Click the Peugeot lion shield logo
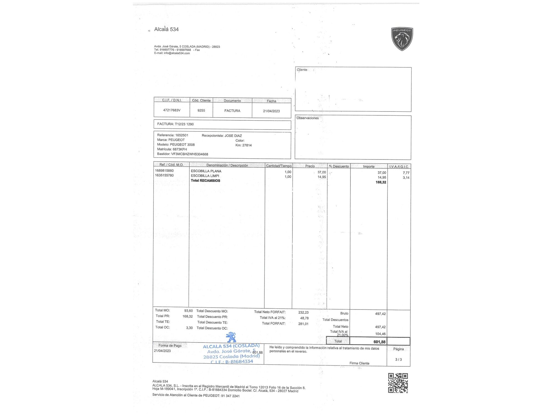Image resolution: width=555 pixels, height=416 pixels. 402,39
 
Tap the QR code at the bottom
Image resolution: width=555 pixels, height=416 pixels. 398,383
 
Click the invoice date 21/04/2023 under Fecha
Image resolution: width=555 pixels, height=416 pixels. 271,111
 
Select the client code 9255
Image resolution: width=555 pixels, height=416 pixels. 201,110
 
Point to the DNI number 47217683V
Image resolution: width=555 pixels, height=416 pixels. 172,110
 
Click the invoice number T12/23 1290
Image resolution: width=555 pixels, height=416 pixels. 184,124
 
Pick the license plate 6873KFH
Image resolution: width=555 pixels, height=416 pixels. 180,149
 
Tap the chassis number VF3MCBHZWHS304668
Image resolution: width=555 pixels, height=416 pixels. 190,154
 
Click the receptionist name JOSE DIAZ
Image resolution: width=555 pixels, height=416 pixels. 233,136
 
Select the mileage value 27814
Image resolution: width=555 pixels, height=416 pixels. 247,145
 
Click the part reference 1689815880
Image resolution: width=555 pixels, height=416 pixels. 164,171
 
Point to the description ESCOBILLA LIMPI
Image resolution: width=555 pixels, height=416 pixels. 205,176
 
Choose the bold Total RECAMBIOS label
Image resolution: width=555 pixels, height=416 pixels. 205,181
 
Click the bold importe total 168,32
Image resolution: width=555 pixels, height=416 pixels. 381,182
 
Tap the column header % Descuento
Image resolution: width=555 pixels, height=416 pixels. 339,166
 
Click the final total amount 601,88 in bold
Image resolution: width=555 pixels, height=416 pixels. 379,342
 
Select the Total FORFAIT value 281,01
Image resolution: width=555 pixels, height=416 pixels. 303,324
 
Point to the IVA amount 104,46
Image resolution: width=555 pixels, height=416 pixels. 380,334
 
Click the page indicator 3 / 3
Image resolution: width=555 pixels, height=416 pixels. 398,359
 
